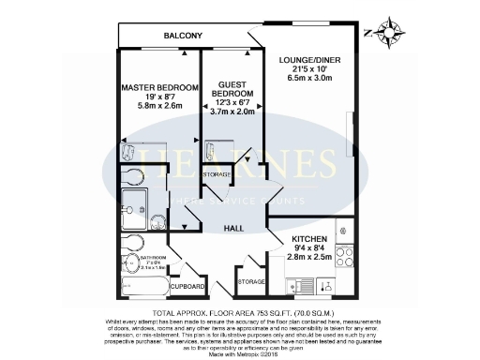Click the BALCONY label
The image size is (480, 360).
[x=183, y=36]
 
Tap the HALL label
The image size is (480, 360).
[x=234, y=228]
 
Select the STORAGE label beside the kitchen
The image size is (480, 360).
[x=251, y=280]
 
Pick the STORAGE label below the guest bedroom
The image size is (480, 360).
[x=217, y=174]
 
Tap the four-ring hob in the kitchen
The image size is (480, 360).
[x=343, y=251]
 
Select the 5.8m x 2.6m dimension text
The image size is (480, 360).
[x=159, y=108]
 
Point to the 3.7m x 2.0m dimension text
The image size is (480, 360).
[x=232, y=110]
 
